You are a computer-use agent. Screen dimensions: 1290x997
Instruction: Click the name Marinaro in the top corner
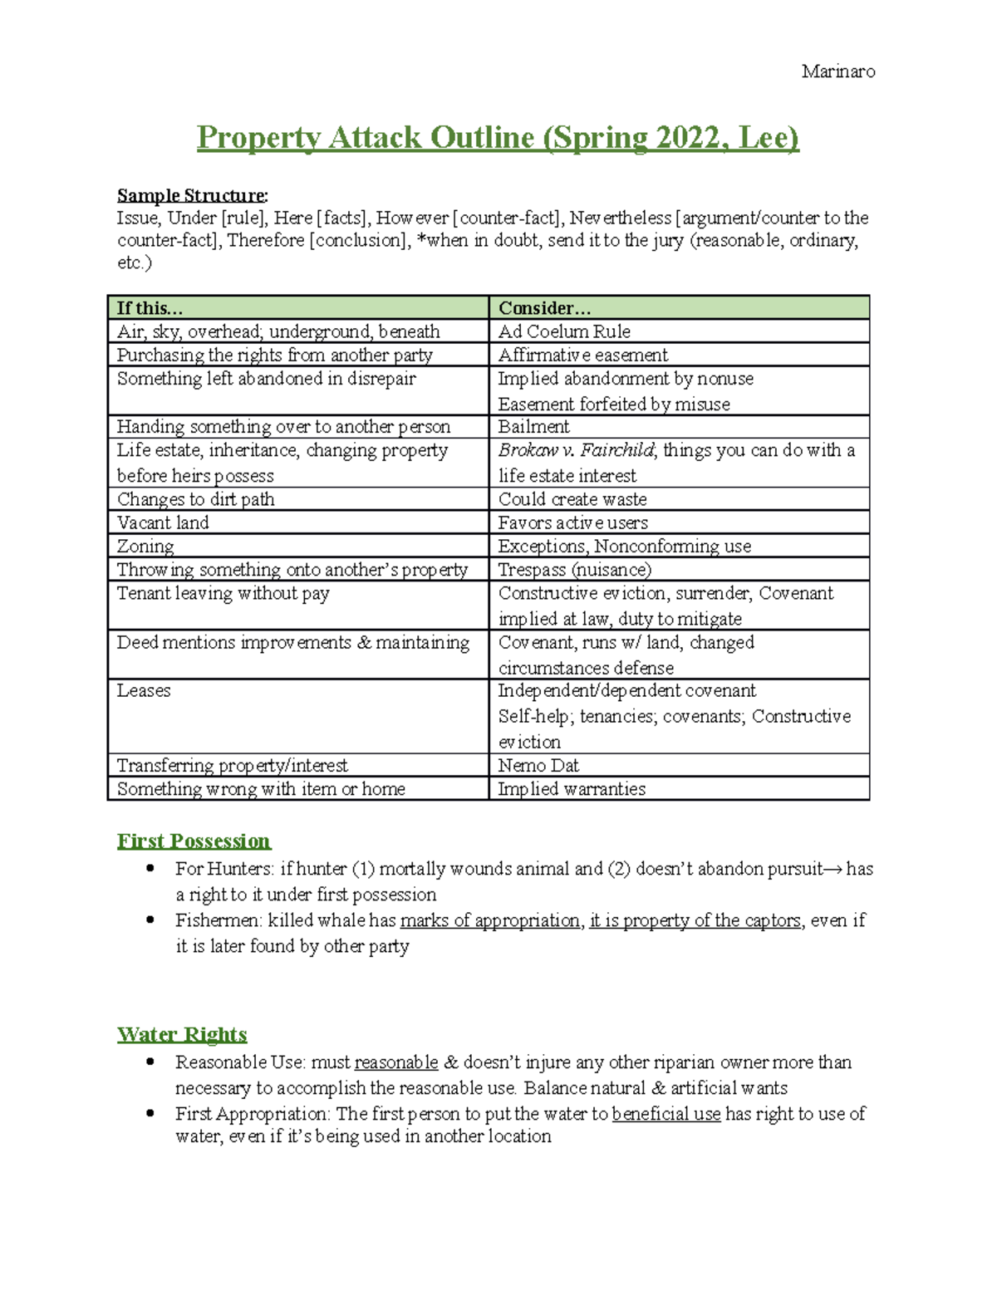(837, 71)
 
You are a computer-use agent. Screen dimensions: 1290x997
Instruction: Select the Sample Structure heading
(192, 195)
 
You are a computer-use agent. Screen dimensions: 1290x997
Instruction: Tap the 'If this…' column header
(150, 307)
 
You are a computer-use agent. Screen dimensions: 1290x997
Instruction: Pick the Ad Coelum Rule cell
(564, 331)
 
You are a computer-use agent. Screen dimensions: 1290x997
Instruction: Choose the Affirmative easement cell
(582, 355)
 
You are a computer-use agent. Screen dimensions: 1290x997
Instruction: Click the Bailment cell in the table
(533, 426)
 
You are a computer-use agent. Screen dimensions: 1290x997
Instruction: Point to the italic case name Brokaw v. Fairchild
(577, 450)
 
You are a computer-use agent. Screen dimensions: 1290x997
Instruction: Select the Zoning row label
(145, 546)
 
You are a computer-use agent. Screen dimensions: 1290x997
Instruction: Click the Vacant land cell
(163, 522)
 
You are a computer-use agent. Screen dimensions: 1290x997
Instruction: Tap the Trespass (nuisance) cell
(574, 569)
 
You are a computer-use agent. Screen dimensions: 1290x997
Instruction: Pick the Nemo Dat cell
(538, 765)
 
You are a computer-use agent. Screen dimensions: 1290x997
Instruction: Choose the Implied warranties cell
(572, 788)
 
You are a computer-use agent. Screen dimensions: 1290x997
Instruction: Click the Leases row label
(144, 690)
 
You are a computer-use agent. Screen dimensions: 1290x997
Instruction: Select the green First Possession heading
(194, 841)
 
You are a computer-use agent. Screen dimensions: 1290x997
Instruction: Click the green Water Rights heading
(182, 1034)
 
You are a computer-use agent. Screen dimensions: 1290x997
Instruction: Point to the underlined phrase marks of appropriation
(490, 920)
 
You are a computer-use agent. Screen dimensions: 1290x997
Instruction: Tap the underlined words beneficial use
(665, 1114)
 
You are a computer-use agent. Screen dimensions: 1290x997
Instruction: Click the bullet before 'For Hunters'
(150, 869)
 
